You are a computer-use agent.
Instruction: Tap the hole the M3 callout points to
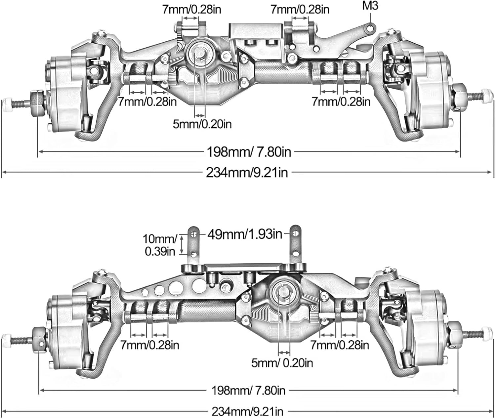pyautogui.click(x=370, y=29)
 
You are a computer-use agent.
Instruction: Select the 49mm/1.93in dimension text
pyautogui.click(x=245, y=235)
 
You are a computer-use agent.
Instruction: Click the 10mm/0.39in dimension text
pyautogui.click(x=160, y=245)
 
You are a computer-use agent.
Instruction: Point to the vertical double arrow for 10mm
pyautogui.click(x=182, y=245)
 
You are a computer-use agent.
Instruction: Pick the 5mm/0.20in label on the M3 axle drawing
pyautogui.click(x=202, y=124)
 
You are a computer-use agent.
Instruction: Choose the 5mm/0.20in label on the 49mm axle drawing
pyautogui.click(x=282, y=363)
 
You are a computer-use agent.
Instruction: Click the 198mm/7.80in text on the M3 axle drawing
pyautogui.click(x=249, y=152)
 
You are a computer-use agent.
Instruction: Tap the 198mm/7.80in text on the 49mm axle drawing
pyautogui.click(x=248, y=390)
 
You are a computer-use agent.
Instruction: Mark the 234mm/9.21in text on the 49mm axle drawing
pyautogui.click(x=248, y=411)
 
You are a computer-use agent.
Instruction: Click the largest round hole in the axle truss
pyautogui.click(x=199, y=286)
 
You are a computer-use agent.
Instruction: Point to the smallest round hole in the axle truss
pyautogui.click(x=144, y=292)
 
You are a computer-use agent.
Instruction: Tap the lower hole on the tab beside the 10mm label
pyautogui.click(x=194, y=255)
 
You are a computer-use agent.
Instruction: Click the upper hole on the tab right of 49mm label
pyautogui.click(x=296, y=234)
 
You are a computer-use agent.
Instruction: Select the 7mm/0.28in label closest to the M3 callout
pyautogui.click(x=300, y=10)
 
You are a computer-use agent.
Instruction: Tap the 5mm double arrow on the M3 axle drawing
pyautogui.click(x=200, y=115)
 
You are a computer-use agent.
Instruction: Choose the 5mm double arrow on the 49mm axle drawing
pyautogui.click(x=284, y=353)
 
